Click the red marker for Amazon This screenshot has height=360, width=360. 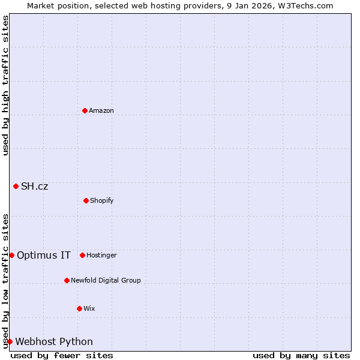[85, 110]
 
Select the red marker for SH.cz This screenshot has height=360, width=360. [16, 186]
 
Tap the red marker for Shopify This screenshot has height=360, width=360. [86, 200]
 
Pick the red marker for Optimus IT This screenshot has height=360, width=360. [11, 255]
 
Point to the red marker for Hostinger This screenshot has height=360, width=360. [82, 255]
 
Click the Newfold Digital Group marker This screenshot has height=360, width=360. [67, 280]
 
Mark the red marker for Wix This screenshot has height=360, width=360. [79, 308]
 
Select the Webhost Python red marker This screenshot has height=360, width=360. [10, 341]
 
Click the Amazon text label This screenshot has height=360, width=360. [101, 110]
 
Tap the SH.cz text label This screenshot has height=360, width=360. [35, 186]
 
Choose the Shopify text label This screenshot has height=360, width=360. [102, 200]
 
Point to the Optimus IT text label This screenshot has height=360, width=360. [44, 255]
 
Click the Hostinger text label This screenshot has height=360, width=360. [101, 255]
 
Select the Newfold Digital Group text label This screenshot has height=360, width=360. [106, 280]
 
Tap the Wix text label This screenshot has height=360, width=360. [89, 308]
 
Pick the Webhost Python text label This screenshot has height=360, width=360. [54, 341]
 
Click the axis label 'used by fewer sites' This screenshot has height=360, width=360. [62, 355]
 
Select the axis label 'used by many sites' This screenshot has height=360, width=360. [301, 355]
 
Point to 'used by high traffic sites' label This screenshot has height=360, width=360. [5, 85]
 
